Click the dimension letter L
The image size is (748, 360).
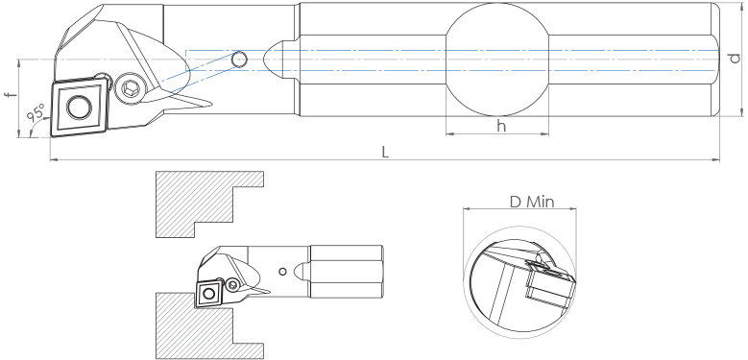pos(385,152)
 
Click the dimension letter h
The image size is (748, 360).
pos(501,126)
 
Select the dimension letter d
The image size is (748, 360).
pos(736,59)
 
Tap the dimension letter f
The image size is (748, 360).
pos(11,94)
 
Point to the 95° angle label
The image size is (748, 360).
pos(36,113)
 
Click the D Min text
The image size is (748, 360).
pos(532,203)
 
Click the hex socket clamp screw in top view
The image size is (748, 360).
pos(130,88)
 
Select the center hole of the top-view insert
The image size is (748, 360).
pos(79,107)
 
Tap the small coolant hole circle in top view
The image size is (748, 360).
pos(239,60)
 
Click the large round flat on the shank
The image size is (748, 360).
pos(497,60)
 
